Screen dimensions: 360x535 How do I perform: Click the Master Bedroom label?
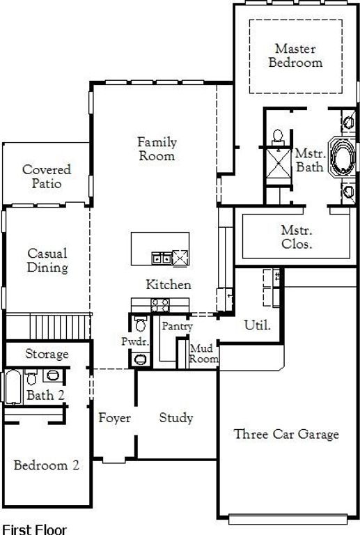point(295,55)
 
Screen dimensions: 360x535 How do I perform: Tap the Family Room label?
point(157,149)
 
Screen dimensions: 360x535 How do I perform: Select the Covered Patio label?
point(47,176)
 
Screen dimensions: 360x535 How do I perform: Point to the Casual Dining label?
point(47,261)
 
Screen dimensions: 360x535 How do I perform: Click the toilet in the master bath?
point(279,137)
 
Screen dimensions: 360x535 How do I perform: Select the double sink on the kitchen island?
point(162,258)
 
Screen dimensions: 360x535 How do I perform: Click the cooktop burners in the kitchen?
point(160,305)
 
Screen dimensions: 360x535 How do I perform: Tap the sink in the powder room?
point(141,359)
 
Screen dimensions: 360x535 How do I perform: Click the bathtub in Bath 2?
point(13,387)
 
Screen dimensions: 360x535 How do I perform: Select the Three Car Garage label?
point(286,434)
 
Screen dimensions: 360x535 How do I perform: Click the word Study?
point(176,418)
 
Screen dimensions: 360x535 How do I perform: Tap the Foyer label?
point(114,418)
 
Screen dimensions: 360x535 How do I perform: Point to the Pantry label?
point(177,326)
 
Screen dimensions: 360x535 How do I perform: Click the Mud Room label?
point(203,353)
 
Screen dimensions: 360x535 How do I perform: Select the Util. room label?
point(258,325)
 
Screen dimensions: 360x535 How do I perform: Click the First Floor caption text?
point(34,529)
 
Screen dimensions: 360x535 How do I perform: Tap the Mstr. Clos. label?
point(297,237)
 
